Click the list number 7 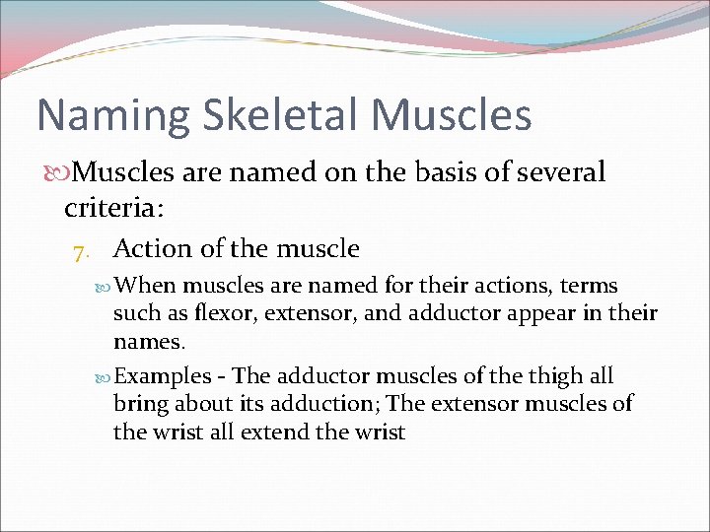(x=81, y=250)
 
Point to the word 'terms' (x=590, y=287)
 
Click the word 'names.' (x=148, y=342)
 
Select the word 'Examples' (x=163, y=376)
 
